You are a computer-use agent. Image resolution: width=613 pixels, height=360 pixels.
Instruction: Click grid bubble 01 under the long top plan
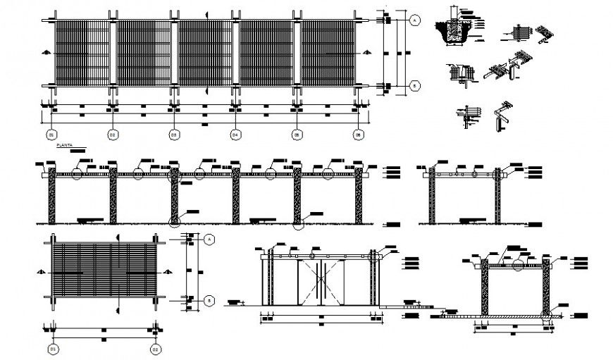tap(51, 133)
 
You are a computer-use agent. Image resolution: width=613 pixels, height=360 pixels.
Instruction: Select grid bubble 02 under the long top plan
tap(112, 133)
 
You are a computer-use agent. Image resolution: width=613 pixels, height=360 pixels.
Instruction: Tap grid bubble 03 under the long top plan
tap(173, 133)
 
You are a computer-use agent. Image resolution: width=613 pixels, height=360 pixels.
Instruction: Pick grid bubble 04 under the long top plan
tap(235, 133)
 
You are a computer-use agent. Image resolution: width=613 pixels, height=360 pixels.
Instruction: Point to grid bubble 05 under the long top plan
tap(297, 133)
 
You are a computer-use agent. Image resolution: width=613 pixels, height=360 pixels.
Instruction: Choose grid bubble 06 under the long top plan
tap(358, 133)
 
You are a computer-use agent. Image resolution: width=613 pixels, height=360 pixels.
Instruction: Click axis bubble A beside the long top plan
tap(415, 21)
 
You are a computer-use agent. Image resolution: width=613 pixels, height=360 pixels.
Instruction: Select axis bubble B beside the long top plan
tap(415, 86)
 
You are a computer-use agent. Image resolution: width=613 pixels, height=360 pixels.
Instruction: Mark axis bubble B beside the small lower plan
tap(210, 300)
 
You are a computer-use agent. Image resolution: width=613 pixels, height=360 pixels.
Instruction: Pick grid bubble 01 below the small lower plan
tap(51, 348)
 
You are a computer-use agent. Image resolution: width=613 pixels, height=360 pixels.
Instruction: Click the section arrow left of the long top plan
tap(44, 53)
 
